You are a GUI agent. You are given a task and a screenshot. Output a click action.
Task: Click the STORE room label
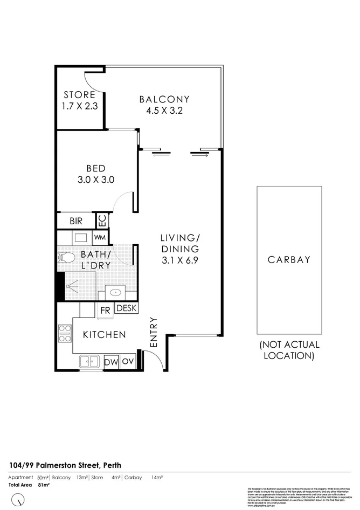[80, 94]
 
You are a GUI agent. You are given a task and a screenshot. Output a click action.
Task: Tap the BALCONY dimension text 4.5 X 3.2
[164, 112]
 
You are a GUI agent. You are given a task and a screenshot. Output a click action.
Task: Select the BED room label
[95, 168]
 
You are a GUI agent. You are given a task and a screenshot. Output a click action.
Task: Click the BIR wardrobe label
[76, 221]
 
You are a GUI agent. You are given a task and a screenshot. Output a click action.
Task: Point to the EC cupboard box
[102, 221]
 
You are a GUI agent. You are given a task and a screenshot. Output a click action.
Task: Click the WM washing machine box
[100, 237]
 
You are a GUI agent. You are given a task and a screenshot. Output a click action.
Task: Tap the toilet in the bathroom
[67, 258]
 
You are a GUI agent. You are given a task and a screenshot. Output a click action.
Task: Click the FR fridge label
[105, 310]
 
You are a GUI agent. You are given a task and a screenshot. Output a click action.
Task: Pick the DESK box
[126, 308]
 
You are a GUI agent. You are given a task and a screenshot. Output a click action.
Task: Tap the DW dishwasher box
[110, 362]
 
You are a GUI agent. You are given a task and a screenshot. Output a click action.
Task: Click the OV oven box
[128, 362]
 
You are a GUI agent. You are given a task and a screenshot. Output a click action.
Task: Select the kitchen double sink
[89, 362]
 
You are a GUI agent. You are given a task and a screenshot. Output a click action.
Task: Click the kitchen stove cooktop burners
[65, 333]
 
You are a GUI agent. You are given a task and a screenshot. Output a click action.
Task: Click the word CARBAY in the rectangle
[289, 259]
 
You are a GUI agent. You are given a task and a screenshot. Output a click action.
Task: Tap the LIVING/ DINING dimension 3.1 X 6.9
[179, 261]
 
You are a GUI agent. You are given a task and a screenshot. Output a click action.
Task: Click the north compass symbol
[20, 499]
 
